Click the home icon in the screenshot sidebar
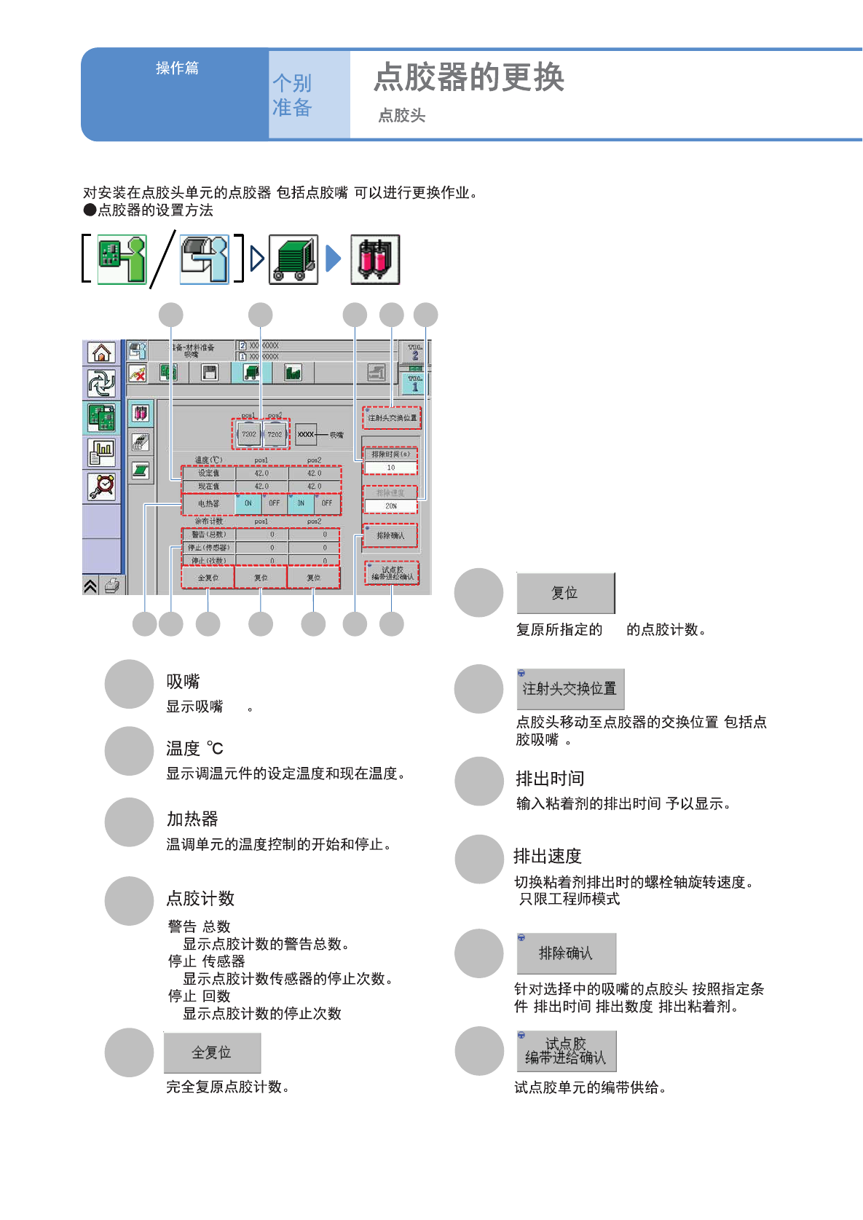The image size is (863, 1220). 101,353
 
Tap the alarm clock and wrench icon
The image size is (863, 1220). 101,486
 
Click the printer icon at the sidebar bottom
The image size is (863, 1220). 111,586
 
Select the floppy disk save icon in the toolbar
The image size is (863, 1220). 210,373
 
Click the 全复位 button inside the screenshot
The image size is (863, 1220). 208,578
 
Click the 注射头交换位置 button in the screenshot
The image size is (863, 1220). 392,418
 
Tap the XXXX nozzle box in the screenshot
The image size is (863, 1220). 306,434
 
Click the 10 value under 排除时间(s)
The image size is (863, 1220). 391,468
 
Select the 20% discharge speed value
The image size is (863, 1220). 391,505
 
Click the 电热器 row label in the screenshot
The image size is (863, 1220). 208,503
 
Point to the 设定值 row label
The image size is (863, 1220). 208,473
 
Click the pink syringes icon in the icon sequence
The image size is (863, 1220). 375,259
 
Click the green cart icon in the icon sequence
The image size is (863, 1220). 293,259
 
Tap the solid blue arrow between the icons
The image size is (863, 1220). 334,259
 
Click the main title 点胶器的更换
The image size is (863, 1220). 469,77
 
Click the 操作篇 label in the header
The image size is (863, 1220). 177,68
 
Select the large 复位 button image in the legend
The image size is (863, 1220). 565,593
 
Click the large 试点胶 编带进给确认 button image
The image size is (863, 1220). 566,1051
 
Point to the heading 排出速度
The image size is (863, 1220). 548,856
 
